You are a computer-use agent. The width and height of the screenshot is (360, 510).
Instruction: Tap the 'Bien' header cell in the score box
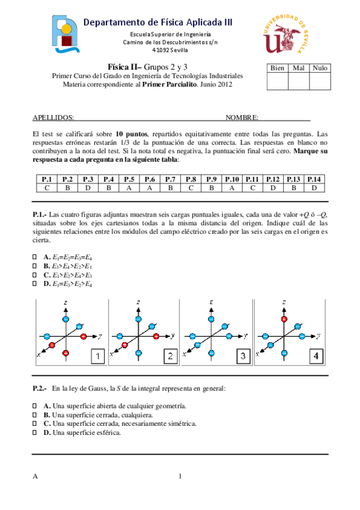click(x=277, y=69)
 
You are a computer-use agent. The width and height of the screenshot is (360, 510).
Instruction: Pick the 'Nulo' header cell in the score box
click(x=319, y=69)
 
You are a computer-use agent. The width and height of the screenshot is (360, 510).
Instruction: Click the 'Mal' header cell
click(x=298, y=69)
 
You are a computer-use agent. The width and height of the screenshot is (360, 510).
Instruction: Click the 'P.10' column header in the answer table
click(x=231, y=179)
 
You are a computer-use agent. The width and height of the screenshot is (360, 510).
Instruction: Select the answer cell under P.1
click(x=46, y=188)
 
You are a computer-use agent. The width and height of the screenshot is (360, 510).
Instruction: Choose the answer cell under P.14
click(x=314, y=188)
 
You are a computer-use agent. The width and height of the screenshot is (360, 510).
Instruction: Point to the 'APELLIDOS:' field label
click(x=53, y=118)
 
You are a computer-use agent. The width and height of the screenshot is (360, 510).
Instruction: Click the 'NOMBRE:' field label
click(x=242, y=118)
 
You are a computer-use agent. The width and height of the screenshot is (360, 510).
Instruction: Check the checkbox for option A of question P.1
click(x=34, y=257)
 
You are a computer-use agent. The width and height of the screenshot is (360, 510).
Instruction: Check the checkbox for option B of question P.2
click(x=34, y=415)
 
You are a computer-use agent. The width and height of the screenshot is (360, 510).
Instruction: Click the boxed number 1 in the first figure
click(x=97, y=357)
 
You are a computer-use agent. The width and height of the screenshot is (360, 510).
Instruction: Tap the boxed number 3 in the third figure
click(x=243, y=357)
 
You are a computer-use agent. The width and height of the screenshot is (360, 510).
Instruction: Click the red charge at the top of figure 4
click(x=284, y=319)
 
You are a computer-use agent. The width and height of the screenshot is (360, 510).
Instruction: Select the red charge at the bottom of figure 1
click(x=66, y=352)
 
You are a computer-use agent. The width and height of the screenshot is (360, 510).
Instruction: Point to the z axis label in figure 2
click(x=139, y=301)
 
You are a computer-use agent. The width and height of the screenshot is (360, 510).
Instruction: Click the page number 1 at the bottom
click(x=180, y=477)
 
